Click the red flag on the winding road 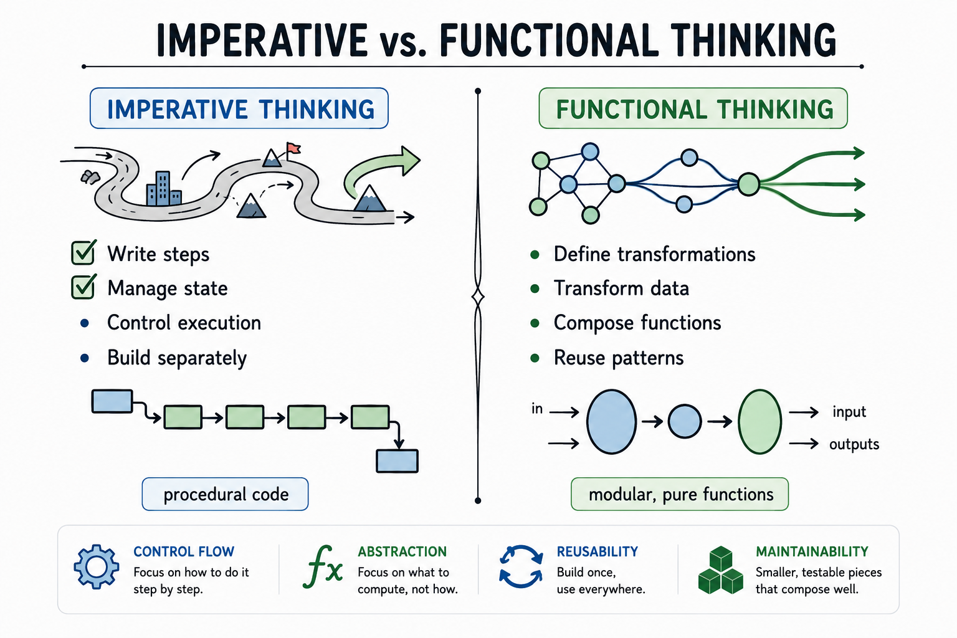coord(293,148)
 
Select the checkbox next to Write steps coord(83,252)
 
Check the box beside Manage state coord(83,287)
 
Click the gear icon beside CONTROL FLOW coord(97,567)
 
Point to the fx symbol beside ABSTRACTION coord(323,567)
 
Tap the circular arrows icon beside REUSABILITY coord(521,566)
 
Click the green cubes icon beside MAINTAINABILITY coord(721,570)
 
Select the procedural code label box coord(225,494)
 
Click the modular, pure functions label coord(680,494)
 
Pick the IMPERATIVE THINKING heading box coord(239,108)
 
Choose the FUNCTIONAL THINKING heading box coord(693,108)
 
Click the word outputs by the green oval coord(854,444)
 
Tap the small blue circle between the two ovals coord(685,421)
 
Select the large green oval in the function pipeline coord(759,421)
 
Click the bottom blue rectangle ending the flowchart coord(397,461)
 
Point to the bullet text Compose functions coord(637,323)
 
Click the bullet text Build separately coord(177,358)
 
